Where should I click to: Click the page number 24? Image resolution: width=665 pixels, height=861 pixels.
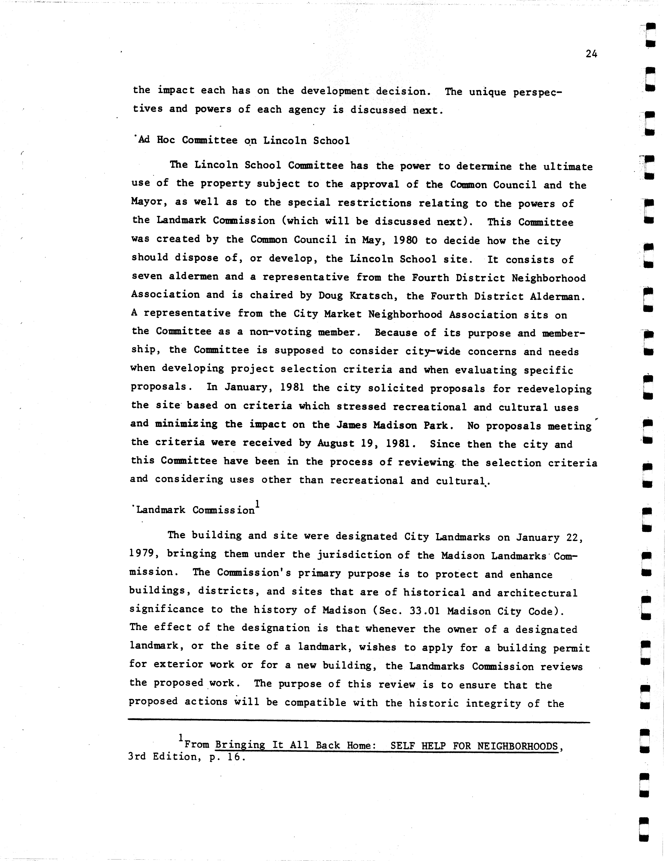click(x=591, y=54)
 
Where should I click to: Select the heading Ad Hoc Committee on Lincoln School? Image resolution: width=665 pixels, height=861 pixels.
click(x=242, y=140)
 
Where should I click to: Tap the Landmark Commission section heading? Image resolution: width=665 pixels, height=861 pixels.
click(x=195, y=510)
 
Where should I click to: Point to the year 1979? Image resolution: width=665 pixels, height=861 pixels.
click(x=143, y=554)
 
